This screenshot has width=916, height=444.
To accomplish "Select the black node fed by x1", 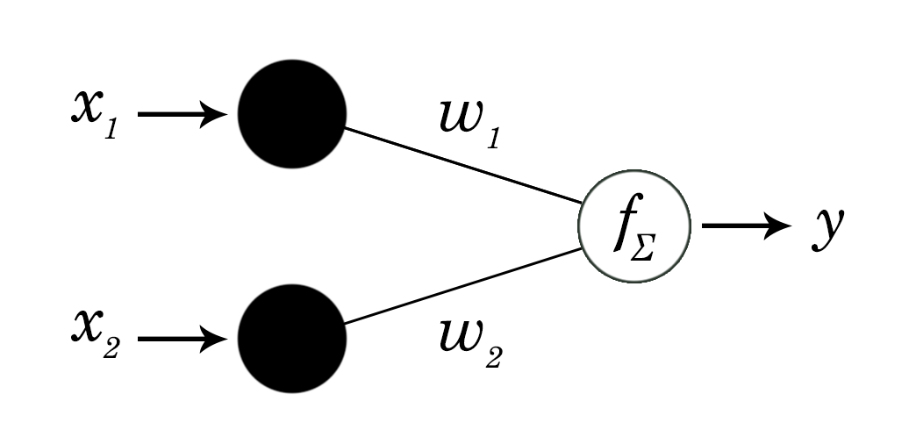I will coord(292,114).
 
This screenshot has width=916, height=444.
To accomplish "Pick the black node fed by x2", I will coord(292,338).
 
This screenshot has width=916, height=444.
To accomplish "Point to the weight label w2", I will coord(469,342).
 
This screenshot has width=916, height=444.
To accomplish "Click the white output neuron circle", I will coord(633,226).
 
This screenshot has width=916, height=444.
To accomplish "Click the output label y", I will coord(827,228).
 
